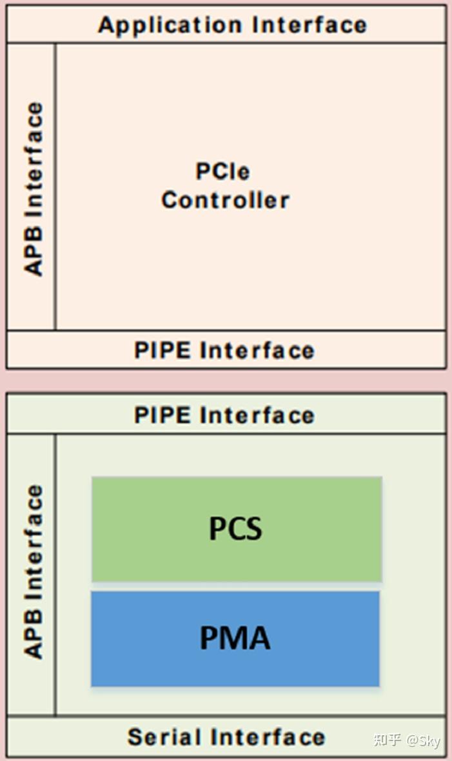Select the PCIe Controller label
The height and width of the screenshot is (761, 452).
225,186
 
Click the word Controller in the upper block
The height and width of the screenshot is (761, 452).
225,200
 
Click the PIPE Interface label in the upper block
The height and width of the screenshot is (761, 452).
224,350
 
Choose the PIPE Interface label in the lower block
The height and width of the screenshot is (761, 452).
224,415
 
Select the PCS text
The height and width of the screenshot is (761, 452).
236,529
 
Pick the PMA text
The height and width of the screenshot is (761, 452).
235,638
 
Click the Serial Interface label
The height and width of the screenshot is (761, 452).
226,736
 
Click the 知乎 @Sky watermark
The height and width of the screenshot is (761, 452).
407,740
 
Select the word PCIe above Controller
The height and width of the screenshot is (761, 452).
222,172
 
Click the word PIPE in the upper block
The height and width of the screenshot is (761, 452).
163,350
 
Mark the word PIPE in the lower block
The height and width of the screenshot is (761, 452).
163,415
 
